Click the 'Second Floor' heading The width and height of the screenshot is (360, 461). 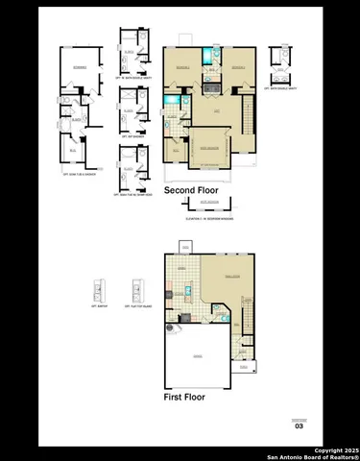[191, 191]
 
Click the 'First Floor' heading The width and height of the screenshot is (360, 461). [184, 396]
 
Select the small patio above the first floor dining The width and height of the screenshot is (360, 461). [184, 247]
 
